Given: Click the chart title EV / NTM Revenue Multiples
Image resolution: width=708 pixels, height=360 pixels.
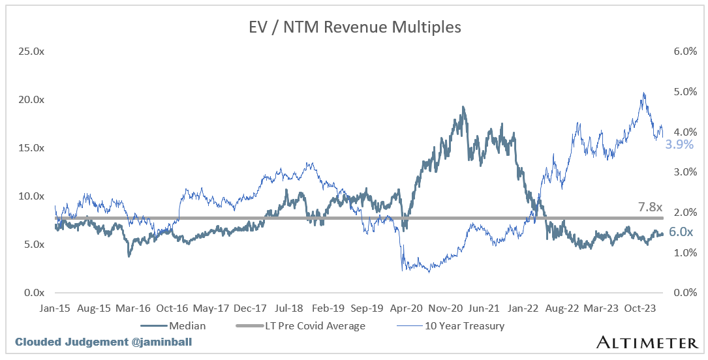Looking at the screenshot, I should (x=354, y=27).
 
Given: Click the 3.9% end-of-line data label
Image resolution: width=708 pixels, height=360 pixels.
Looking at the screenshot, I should (x=679, y=144).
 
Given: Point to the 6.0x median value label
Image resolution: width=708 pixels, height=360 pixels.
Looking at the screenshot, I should (x=681, y=232).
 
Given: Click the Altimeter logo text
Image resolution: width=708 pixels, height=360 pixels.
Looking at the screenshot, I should (x=647, y=342).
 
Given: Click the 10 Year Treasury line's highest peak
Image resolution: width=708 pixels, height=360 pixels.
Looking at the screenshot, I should (x=643, y=93).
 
